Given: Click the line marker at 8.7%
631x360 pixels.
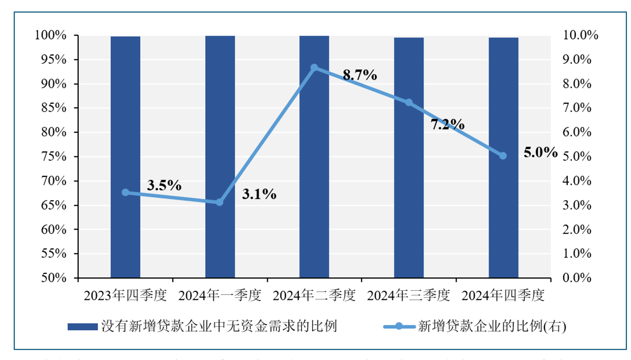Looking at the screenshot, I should click(314, 68).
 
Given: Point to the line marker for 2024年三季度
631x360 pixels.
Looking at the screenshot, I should click(409, 102).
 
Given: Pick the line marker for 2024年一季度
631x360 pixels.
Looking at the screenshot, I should click(219, 202).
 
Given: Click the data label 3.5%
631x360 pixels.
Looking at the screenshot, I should click(164, 185).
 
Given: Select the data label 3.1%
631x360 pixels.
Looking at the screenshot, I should click(259, 194).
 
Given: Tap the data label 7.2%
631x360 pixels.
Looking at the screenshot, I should click(447, 124).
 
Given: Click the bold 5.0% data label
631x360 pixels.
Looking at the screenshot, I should click(540, 152).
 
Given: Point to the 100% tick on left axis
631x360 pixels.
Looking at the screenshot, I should click(51, 35).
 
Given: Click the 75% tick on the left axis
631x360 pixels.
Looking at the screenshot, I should click(54, 156).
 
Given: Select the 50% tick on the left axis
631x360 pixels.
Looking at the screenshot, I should click(54, 277).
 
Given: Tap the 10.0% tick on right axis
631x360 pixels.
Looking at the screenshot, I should click(580, 35).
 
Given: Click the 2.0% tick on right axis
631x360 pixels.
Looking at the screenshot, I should click(577, 229).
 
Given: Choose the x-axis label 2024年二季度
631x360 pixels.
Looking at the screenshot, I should click(314, 296).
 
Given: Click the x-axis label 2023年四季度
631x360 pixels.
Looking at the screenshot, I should click(125, 296).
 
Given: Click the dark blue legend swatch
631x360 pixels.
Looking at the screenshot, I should click(83, 327).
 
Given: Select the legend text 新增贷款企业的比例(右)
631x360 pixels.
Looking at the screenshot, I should click(492, 326).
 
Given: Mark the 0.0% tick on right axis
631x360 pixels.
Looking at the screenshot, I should click(577, 278).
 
